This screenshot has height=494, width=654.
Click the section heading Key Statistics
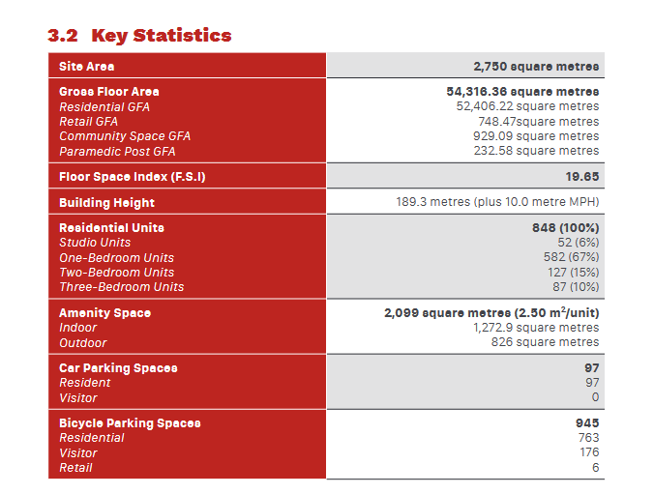(x=139, y=36)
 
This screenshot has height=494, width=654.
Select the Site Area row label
(x=86, y=67)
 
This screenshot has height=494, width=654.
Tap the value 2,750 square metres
(x=536, y=67)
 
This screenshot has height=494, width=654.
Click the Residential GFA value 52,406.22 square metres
(x=527, y=106)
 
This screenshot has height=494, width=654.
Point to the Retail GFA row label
(x=88, y=122)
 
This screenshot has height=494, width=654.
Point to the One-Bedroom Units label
(x=116, y=257)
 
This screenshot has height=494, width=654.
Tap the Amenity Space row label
(x=104, y=313)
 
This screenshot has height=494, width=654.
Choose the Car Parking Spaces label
(x=118, y=368)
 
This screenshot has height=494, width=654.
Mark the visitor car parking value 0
(x=595, y=397)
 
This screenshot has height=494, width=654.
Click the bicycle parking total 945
(x=587, y=423)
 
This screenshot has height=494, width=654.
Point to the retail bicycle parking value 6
(x=595, y=468)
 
